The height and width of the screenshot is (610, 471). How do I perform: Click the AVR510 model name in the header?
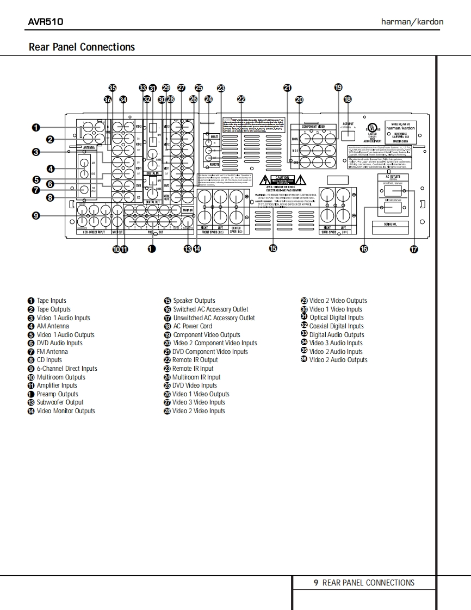click(x=46, y=22)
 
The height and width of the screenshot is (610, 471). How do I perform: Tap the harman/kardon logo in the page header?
click(x=412, y=22)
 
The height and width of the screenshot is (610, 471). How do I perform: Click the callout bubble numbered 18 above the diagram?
click(x=348, y=99)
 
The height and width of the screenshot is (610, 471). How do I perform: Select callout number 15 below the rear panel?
click(x=273, y=248)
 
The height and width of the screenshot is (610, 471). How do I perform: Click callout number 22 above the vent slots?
click(x=241, y=99)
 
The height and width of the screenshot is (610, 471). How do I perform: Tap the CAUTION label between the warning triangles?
click(x=281, y=178)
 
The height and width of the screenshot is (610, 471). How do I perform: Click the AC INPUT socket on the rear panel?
click(x=348, y=135)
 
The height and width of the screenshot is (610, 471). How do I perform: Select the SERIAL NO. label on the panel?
click(x=389, y=224)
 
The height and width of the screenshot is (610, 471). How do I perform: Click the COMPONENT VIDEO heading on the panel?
click(x=313, y=126)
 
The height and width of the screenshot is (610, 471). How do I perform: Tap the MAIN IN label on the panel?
click(x=188, y=209)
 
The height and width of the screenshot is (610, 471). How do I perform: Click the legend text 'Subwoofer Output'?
click(x=60, y=402)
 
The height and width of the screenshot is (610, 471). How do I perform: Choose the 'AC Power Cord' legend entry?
click(x=192, y=326)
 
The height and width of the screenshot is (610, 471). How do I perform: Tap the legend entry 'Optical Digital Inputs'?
click(x=336, y=318)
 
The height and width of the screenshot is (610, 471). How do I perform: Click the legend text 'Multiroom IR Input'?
click(x=196, y=377)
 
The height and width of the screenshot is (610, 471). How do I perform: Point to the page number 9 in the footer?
click(x=316, y=583)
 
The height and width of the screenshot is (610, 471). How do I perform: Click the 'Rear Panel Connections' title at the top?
click(x=82, y=47)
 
